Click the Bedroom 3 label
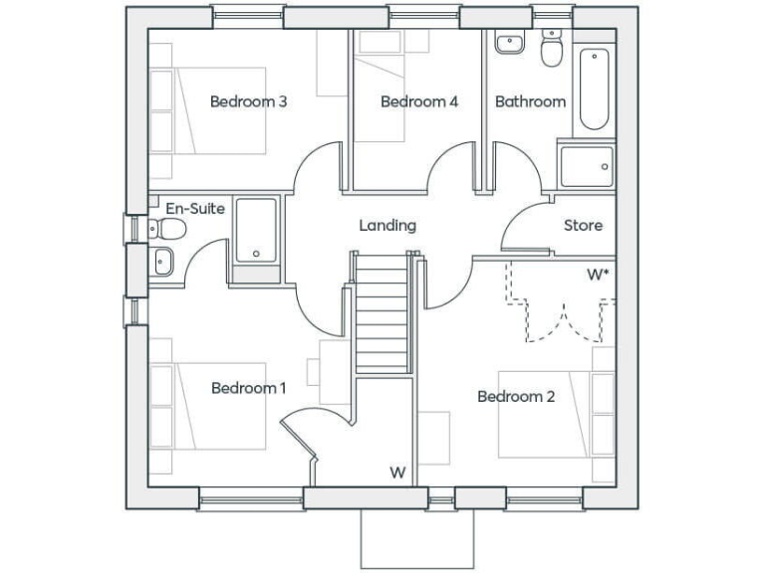[248, 100]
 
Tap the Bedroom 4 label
[419, 100]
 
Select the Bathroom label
[530, 100]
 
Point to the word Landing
[387, 226]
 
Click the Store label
[583, 226]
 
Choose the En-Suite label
[195, 209]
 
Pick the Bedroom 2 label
[516, 397]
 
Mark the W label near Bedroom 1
[397, 472]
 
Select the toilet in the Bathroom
[551, 48]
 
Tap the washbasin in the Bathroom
[509, 43]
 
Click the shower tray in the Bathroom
[586, 166]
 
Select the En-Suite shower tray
[256, 231]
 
